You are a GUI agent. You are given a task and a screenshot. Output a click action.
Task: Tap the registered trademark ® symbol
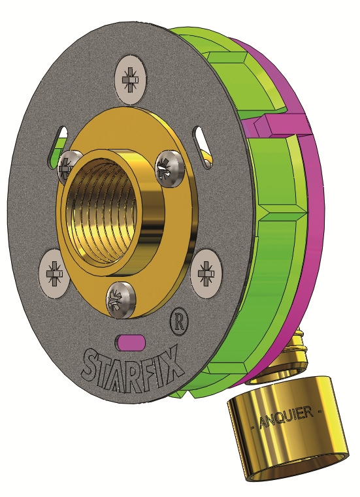176,321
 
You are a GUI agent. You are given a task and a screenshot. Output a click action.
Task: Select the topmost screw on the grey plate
131,79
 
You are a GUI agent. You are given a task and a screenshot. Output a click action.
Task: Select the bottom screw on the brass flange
122,298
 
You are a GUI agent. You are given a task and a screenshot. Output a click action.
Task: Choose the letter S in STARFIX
94,362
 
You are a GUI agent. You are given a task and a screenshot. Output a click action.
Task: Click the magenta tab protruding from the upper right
281,122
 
